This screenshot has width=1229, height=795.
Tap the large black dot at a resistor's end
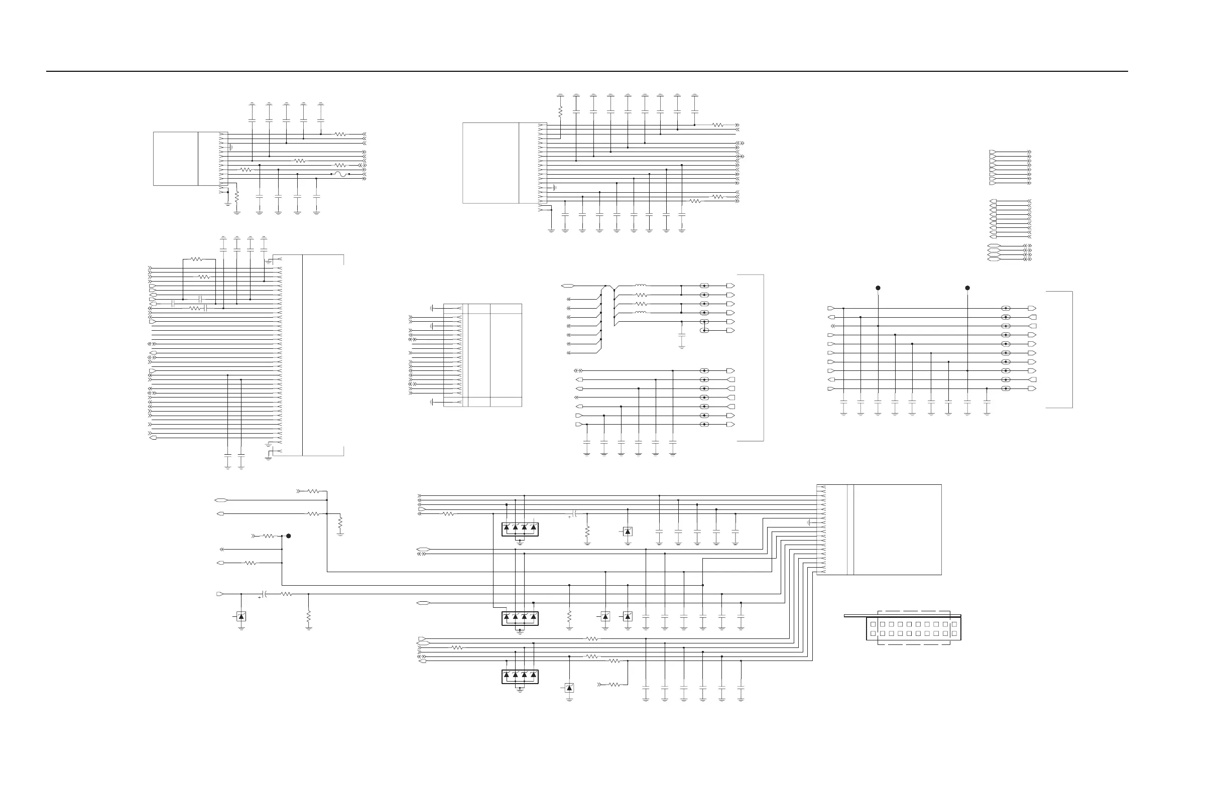point(289,536)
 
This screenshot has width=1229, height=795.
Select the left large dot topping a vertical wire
point(878,288)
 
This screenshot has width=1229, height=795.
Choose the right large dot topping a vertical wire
point(967,288)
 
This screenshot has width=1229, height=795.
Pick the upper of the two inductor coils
point(640,286)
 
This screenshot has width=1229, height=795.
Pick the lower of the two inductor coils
point(640,312)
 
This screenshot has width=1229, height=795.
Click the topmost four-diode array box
point(520,529)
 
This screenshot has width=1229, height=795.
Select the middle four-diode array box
point(520,618)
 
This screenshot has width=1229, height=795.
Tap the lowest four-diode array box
point(520,676)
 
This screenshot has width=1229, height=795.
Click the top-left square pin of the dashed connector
point(873,624)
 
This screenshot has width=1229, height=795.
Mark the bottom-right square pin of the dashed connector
point(954,633)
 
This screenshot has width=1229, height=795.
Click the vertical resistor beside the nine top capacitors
point(560,110)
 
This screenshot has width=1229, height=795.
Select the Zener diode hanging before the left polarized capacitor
point(241,616)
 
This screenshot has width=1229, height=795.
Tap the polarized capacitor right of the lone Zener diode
point(265,594)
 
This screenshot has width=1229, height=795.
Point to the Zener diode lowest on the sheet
point(569,688)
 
